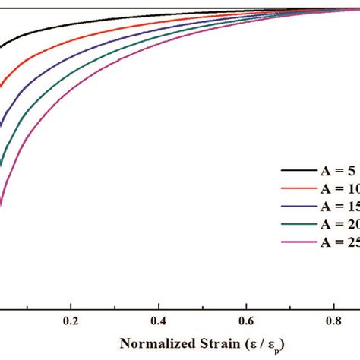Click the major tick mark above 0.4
(159, 286)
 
